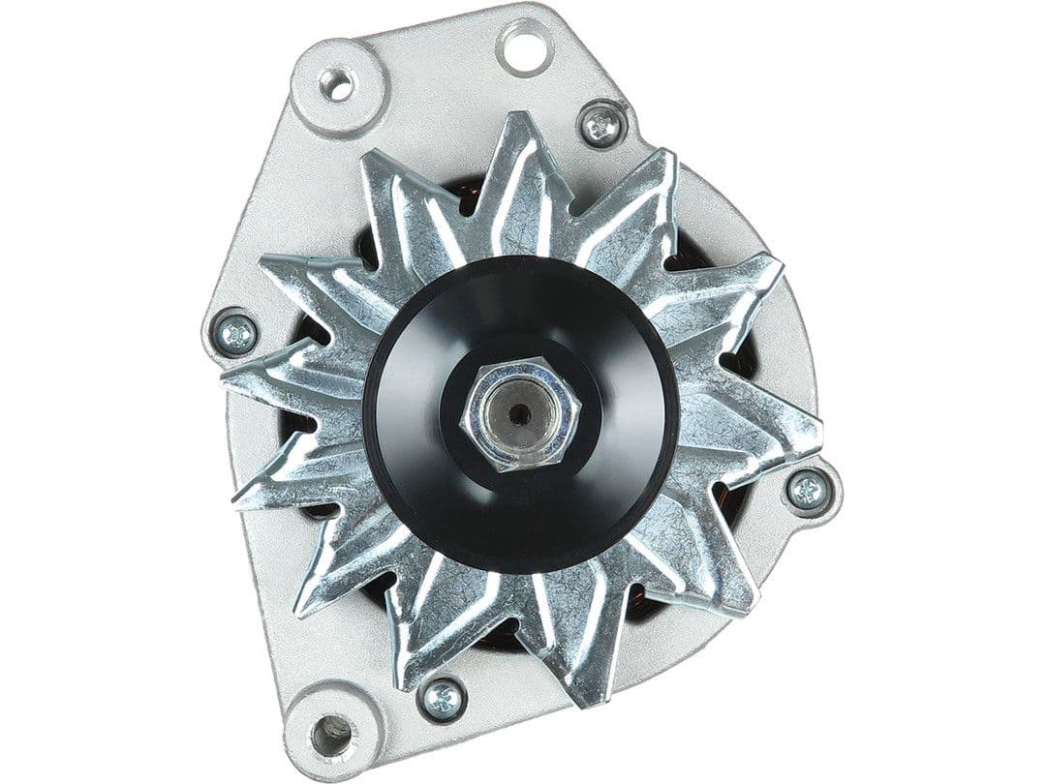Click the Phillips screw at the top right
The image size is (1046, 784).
click(601, 125)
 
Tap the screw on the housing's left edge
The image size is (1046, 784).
click(235, 335)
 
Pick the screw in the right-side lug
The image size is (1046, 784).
click(808, 491)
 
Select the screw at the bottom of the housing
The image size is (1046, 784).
click(443, 698)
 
